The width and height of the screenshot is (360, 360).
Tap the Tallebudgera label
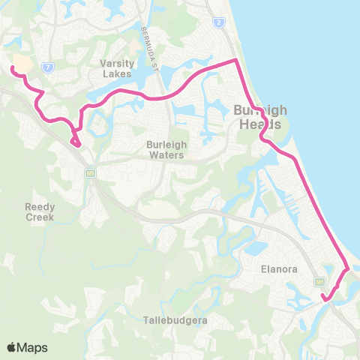click(x=175, y=320)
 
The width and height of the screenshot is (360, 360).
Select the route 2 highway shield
click(x=217, y=24)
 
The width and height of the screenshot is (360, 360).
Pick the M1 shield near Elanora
click(x=319, y=280)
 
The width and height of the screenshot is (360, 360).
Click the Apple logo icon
click(x=13, y=347)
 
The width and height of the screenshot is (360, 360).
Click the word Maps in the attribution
click(x=33, y=347)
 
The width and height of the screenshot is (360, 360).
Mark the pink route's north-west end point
click(x=12, y=68)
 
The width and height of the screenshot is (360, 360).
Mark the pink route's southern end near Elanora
click(x=325, y=299)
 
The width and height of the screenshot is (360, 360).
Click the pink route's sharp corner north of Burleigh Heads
click(x=237, y=59)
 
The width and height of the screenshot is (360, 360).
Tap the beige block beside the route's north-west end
click(x=22, y=64)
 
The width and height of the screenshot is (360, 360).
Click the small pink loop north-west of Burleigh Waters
click(x=75, y=141)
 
